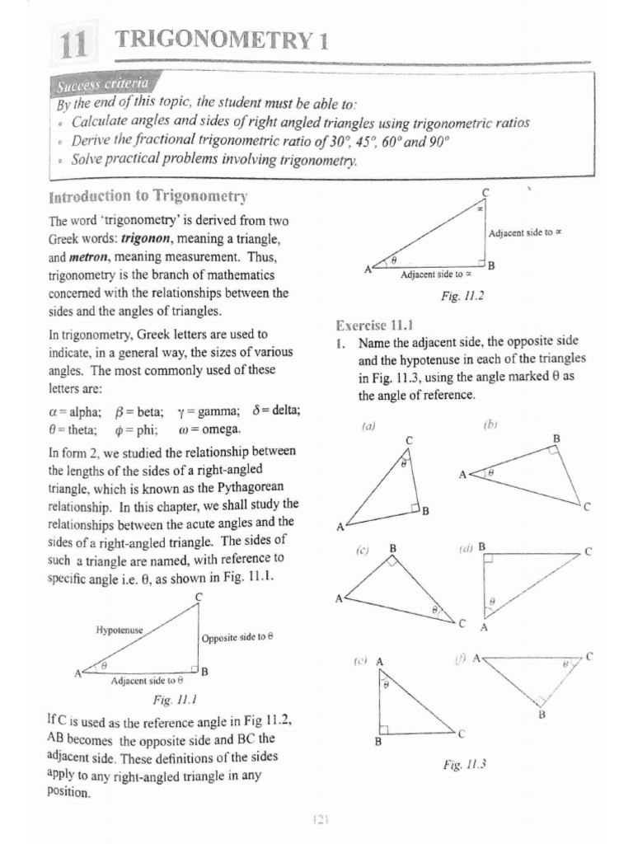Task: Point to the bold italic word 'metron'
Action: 98,257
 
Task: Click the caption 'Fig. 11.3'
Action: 465,764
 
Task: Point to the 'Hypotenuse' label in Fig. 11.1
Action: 120,630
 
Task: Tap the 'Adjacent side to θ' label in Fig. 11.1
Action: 147,682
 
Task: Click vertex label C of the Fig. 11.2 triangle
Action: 485,192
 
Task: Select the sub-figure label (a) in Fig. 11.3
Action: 368,426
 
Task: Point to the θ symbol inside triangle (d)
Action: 492,603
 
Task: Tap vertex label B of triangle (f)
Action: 542,715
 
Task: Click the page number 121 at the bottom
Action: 321,819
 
